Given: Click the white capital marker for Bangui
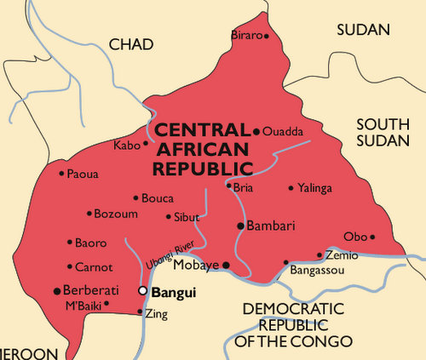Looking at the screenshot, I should click(143, 292).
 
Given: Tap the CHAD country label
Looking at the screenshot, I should click(132, 43).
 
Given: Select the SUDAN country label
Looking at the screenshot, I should click(363, 30).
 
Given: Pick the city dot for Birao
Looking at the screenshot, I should click(266, 36).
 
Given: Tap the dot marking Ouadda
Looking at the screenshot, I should click(256, 131).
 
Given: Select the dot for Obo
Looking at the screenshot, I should click(371, 236).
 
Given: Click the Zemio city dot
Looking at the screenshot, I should click(319, 254).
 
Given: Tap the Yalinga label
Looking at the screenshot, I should click(315, 188).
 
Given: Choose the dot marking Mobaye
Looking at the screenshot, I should click(227, 266).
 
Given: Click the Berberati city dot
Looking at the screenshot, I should click(56, 289).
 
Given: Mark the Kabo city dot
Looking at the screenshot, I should click(146, 143).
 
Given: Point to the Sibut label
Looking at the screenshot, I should click(186, 217).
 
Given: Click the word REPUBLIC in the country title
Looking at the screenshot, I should click(203, 167).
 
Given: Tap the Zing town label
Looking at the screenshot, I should click(157, 314).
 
